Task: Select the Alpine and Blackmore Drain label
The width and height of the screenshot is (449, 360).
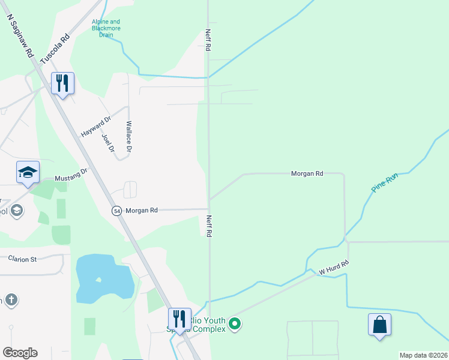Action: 106,28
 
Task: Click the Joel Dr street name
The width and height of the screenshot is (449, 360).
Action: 108,143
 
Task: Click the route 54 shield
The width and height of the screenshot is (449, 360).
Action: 116,211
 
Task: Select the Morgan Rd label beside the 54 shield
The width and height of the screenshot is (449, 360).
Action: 142,211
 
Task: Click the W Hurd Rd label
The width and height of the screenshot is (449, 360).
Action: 334,268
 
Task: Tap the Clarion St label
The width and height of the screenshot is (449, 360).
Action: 23,259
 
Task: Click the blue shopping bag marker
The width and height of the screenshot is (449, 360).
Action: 379,325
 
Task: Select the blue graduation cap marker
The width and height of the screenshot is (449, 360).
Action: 28,172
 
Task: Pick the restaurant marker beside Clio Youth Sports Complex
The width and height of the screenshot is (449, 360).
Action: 179,319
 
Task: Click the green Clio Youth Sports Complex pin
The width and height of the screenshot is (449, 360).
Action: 235,325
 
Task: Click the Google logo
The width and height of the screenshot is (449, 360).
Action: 20,353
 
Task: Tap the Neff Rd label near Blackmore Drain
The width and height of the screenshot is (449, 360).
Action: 208,40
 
